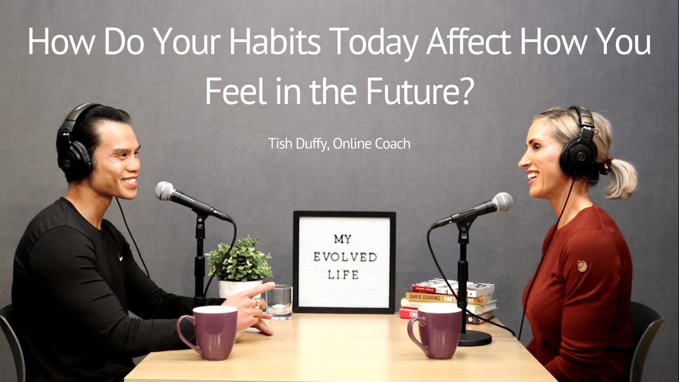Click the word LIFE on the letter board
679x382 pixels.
pos(344,275)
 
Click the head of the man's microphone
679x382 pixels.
pos(165,191)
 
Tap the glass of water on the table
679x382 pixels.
pos(278,302)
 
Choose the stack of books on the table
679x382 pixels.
pos(449,298)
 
